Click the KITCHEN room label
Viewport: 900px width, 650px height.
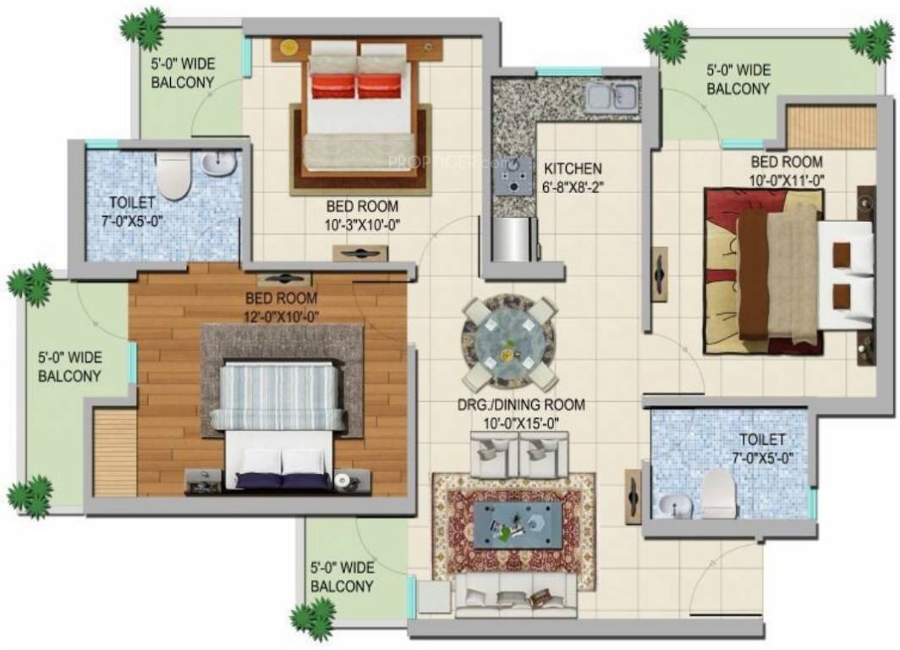coord(573,168)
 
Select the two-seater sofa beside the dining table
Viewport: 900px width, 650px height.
coord(519,455)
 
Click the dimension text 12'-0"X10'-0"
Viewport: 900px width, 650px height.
coord(281,316)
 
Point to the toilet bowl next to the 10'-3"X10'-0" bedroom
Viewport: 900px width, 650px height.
coord(173,174)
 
